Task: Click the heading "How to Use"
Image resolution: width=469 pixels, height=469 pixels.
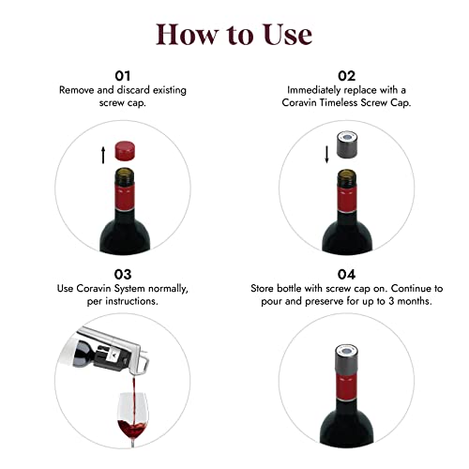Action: point(234,34)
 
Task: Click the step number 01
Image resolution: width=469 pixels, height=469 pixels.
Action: point(122,74)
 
